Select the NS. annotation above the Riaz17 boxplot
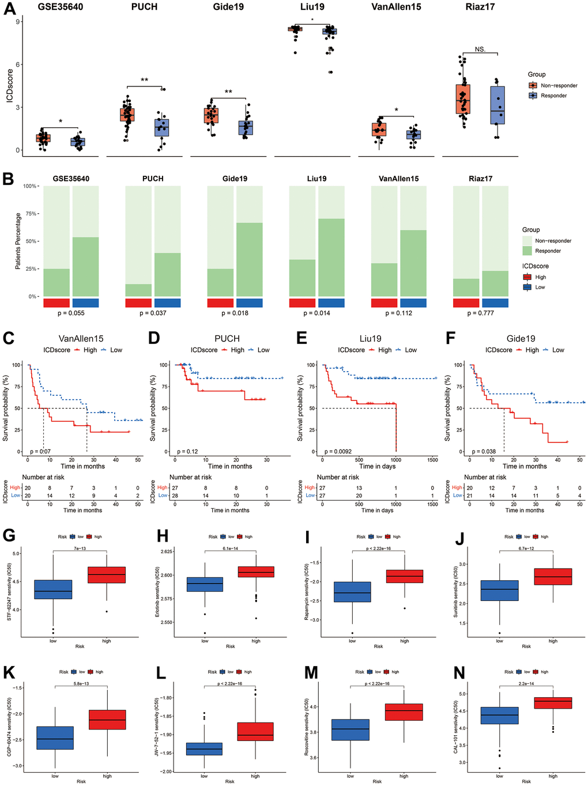click(x=480, y=49)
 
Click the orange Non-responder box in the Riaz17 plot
click(x=463, y=100)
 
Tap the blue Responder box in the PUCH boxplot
click(x=162, y=127)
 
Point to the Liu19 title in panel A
click(x=312, y=7)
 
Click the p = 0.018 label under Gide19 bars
click(x=235, y=313)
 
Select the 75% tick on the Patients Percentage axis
click(x=30, y=214)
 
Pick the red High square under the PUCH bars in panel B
click(x=138, y=303)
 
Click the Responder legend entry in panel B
click(x=548, y=251)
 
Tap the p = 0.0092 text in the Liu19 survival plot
click(x=338, y=452)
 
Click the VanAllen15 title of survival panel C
click(x=81, y=339)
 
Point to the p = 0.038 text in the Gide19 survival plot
click(x=484, y=452)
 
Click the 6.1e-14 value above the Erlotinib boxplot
click(x=231, y=548)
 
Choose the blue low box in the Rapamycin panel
click(x=352, y=592)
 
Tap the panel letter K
click(x=9, y=672)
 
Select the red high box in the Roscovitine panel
click(x=404, y=712)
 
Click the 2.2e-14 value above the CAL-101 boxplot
click(x=526, y=683)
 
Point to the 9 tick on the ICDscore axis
click(x=18, y=22)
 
